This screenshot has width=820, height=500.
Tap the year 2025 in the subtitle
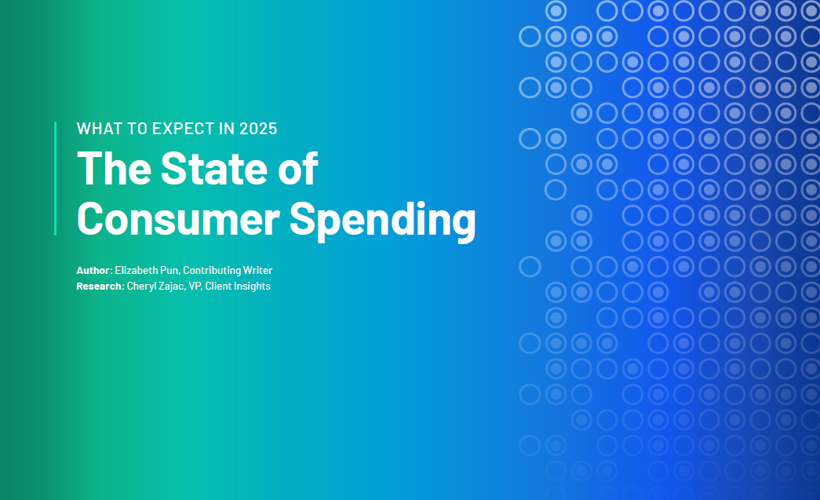258,129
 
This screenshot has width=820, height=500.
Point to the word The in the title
115,169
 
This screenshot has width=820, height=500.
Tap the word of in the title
297,169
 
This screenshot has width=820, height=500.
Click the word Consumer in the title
178,219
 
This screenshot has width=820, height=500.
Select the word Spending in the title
383,221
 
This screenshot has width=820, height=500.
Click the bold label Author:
95,270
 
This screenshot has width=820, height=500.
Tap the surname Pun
170,270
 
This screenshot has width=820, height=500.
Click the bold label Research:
100,286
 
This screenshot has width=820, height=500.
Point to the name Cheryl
141,286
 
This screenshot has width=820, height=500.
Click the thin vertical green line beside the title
56,178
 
